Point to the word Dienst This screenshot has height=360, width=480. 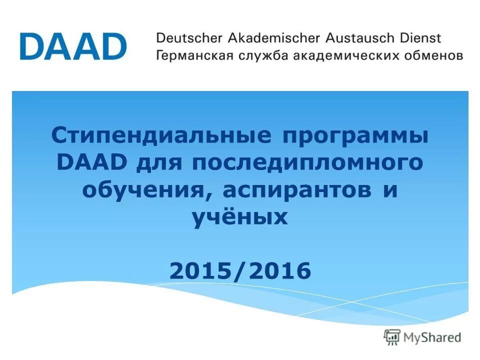(x=420, y=38)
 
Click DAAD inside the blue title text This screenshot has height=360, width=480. (x=90, y=163)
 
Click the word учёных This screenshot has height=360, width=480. (x=240, y=217)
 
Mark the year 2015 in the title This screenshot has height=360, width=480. (x=200, y=271)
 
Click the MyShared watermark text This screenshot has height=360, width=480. (x=433, y=337)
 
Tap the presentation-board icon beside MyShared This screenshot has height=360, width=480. (x=393, y=337)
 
